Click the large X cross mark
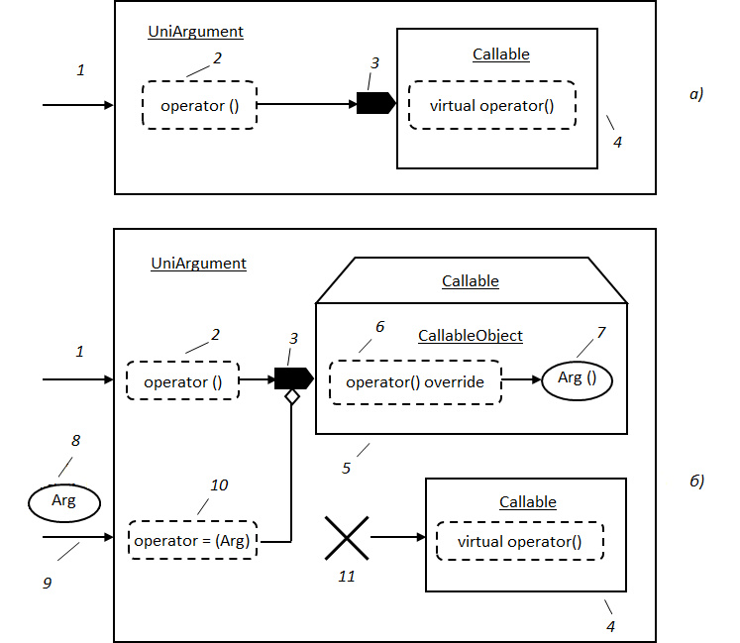[x=347, y=538]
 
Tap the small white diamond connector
[x=292, y=397]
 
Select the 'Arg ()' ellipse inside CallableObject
[x=577, y=379]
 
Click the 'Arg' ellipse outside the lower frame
[x=64, y=502]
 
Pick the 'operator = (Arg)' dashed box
[x=192, y=540]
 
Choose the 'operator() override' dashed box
[x=415, y=382]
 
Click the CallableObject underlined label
[x=470, y=336]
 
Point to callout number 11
[x=347, y=577]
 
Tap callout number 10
[x=219, y=484]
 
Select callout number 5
[x=346, y=468]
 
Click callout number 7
[x=600, y=332]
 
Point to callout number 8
[x=75, y=441]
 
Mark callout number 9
[x=47, y=583]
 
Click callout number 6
[x=380, y=326]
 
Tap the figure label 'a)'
[x=696, y=94]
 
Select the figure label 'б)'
[x=696, y=481]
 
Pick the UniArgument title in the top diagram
[x=195, y=32]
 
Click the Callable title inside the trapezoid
[x=470, y=281]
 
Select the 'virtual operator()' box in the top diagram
[x=491, y=105]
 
